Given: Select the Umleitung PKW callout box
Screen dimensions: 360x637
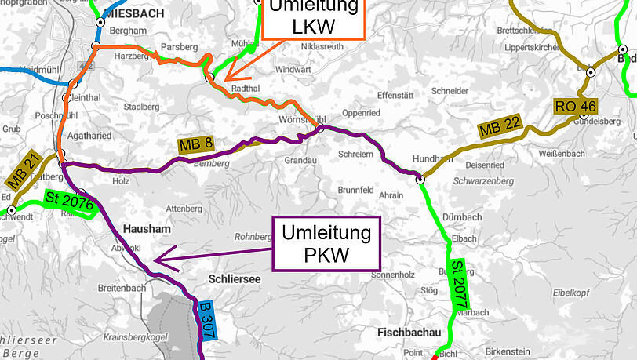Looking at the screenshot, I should click(326, 245).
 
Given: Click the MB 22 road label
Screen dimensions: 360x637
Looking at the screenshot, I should click(500, 129).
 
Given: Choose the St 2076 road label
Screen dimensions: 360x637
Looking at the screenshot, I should click(70, 202).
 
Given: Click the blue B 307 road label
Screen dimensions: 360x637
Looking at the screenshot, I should click(206, 321).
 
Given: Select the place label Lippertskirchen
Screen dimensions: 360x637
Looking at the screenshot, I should click(530, 45).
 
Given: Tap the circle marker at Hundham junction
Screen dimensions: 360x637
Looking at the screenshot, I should click(420, 179).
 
